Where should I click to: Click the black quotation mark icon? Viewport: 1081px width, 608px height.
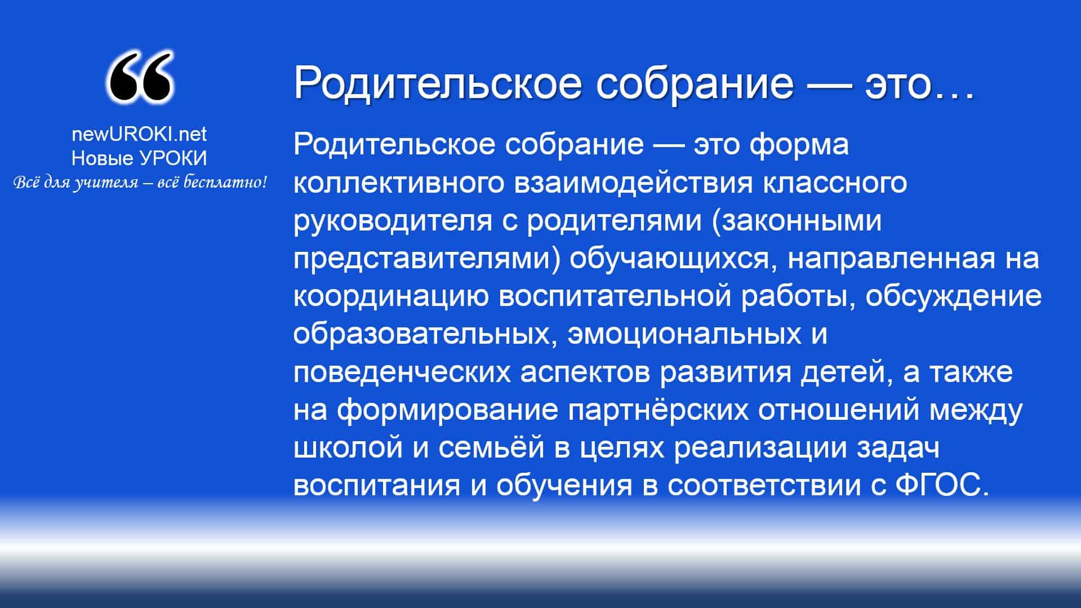[x=139, y=78]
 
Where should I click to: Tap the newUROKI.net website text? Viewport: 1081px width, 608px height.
[x=139, y=134]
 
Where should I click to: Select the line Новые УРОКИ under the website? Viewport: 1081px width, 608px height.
[x=139, y=158]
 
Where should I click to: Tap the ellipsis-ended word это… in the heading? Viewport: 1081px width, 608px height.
[x=919, y=83]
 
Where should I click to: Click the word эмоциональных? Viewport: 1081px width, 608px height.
[x=684, y=335]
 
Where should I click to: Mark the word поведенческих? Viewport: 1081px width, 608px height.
[x=402, y=372]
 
